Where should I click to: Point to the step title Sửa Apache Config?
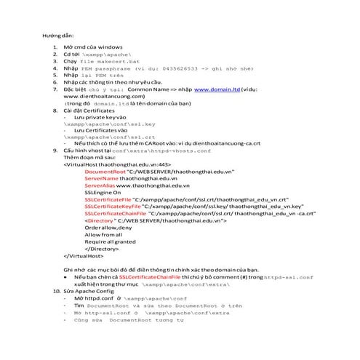point(90,291)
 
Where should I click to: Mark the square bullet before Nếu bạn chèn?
point(66,277)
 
